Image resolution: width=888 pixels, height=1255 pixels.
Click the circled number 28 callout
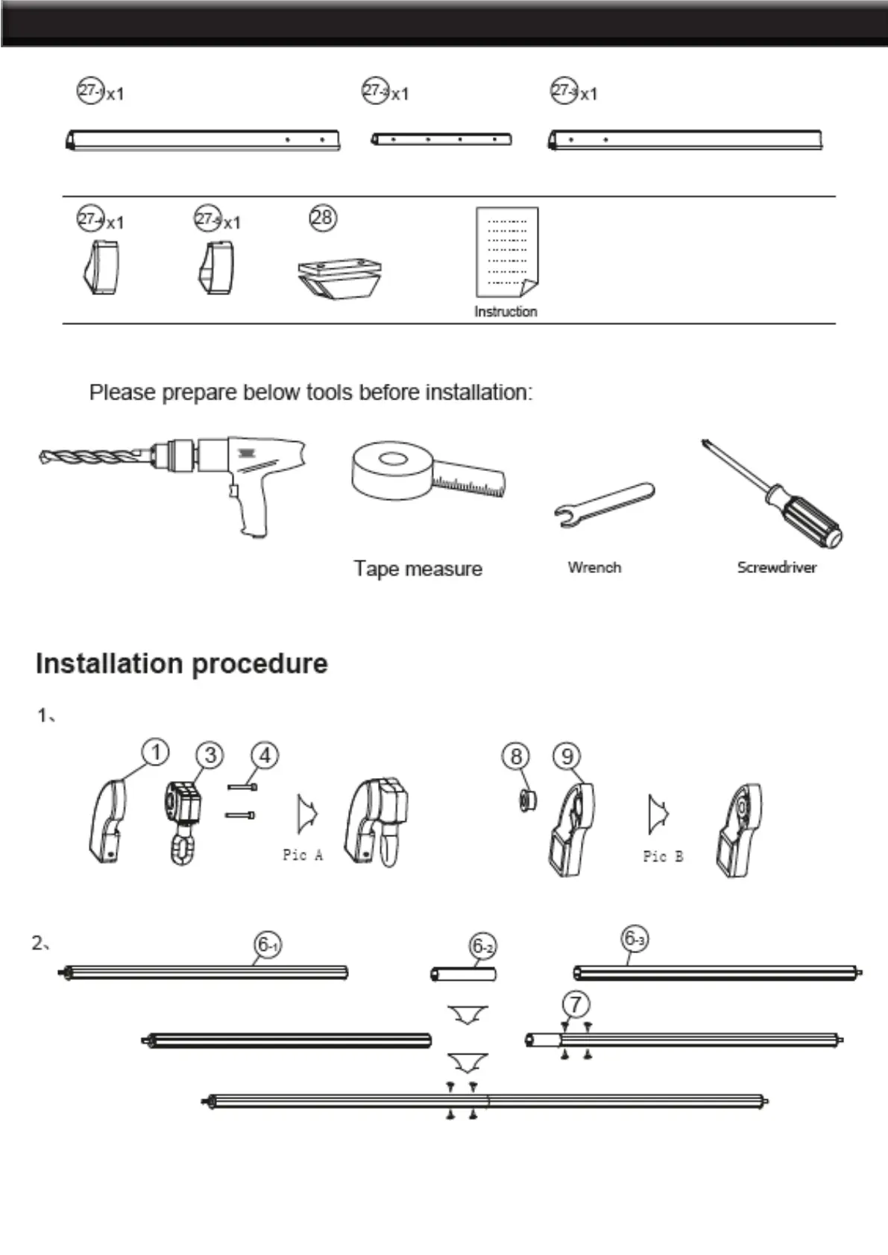323,218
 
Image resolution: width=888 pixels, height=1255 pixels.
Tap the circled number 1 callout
155,752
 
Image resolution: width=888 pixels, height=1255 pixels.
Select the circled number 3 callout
210,755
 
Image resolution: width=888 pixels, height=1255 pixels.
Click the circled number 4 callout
265,755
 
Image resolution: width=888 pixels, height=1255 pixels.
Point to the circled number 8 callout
516,756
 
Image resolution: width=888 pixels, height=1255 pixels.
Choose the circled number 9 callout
567,756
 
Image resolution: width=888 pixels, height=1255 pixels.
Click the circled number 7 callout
576,1005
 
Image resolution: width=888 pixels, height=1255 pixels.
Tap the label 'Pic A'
303,855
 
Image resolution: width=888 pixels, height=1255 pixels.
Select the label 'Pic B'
663,856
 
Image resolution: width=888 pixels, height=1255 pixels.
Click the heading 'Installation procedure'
181,663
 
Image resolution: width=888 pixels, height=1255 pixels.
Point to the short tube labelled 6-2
464,973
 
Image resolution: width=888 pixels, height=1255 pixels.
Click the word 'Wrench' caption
594,567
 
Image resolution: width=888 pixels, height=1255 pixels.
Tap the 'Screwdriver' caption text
776,567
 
